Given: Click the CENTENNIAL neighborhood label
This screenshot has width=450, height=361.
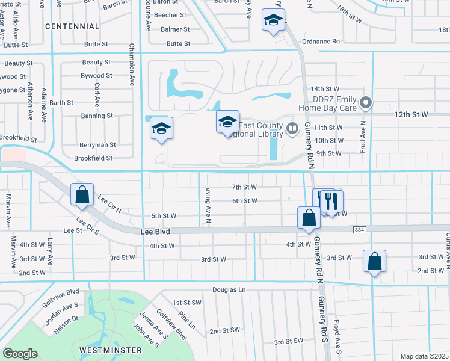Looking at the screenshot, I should tap(72, 26).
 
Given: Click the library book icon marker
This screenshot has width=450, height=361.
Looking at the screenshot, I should tap(292, 128).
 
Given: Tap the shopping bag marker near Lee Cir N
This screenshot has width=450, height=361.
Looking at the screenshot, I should tap(82, 195).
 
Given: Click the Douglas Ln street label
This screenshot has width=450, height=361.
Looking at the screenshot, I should tap(229, 289).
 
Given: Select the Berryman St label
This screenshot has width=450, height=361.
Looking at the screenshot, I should tap(97, 145).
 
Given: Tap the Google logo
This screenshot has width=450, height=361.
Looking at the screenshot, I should tap(20, 354).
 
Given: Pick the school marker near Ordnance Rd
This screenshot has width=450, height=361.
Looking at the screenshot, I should tap(273, 22).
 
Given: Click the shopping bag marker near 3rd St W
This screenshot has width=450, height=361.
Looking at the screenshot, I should tap(374, 261).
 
